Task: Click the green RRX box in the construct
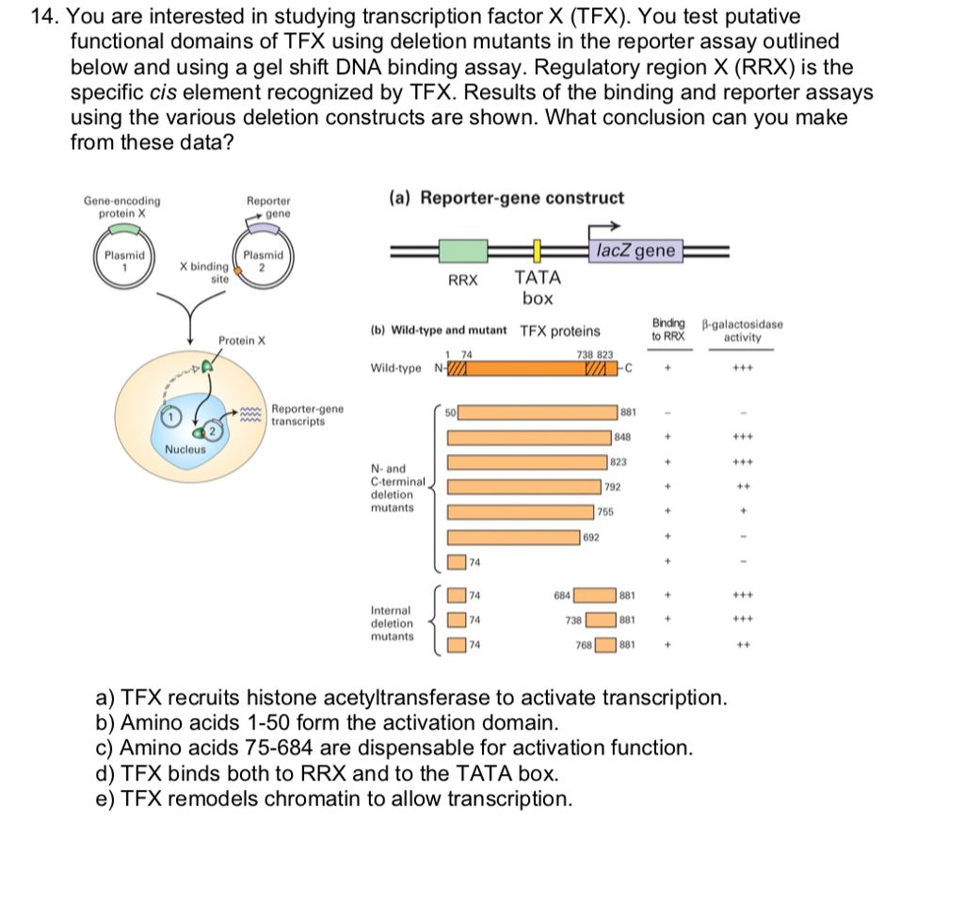point(463,251)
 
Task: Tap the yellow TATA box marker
point(537,251)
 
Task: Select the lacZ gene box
point(635,251)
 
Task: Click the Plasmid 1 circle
point(124,258)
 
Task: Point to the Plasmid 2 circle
point(264,258)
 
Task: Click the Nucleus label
point(185,450)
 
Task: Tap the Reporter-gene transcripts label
point(308,415)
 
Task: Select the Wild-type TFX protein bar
point(533,368)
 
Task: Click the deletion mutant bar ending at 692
point(513,538)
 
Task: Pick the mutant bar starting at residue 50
point(538,412)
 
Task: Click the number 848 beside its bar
point(622,437)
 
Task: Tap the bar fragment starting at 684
point(595,595)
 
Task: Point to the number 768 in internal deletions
point(584,645)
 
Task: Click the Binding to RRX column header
point(668,331)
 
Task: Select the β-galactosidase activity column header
point(742,331)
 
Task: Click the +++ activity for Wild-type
point(742,368)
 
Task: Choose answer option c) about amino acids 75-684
point(394,748)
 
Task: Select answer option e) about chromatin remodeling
point(334,798)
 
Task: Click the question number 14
point(45,16)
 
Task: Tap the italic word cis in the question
point(163,92)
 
